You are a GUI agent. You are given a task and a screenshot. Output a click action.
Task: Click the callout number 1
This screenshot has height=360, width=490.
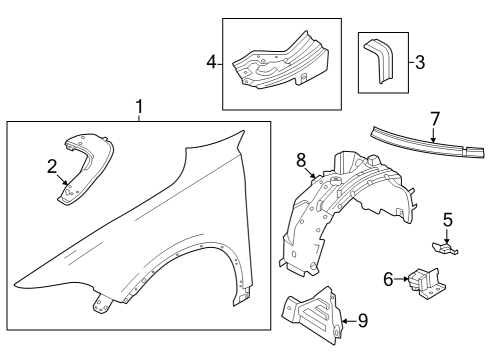pyautogui.click(x=140, y=106)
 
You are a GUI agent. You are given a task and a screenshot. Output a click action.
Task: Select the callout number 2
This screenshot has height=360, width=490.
pyautogui.click(x=52, y=167)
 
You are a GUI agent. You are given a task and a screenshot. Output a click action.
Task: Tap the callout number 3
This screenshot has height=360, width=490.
pyautogui.click(x=420, y=62)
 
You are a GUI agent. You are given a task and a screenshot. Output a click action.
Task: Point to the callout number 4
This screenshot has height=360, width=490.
pyautogui.click(x=212, y=62)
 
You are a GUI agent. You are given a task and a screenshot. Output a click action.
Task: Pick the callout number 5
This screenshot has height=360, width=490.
pyautogui.click(x=448, y=218)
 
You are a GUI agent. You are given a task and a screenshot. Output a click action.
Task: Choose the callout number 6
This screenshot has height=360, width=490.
pyautogui.click(x=388, y=281)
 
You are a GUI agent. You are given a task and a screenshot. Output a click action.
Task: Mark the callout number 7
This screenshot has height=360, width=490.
pyautogui.click(x=434, y=119)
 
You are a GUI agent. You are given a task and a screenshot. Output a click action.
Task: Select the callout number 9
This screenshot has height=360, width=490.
pyautogui.click(x=363, y=321)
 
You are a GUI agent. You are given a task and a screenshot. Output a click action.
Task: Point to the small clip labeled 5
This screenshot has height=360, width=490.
pyautogui.click(x=445, y=241)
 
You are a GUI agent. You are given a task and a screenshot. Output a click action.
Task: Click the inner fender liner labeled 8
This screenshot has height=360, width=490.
pyautogui.click(x=345, y=210)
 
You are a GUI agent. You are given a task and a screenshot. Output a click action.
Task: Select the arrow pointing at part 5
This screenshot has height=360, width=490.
pyautogui.click(x=447, y=232)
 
